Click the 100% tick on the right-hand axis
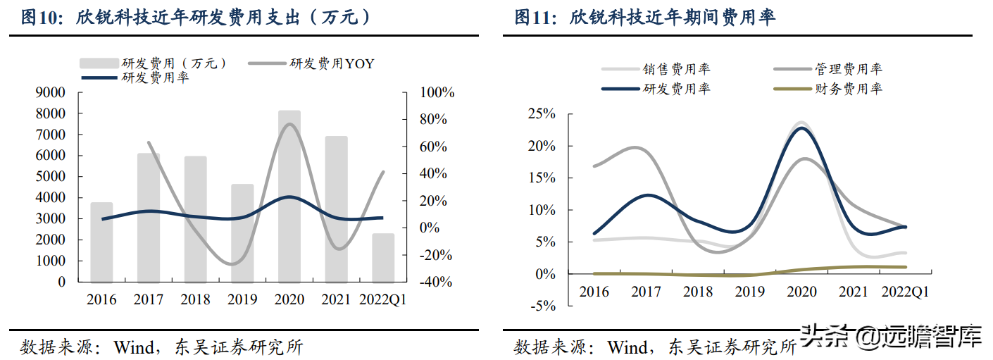tap(437, 93)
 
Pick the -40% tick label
tap(436, 282)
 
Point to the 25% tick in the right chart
tap(542, 114)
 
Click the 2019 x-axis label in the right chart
tap(749, 292)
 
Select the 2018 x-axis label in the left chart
tap(195, 300)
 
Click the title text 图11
tap(531, 18)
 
